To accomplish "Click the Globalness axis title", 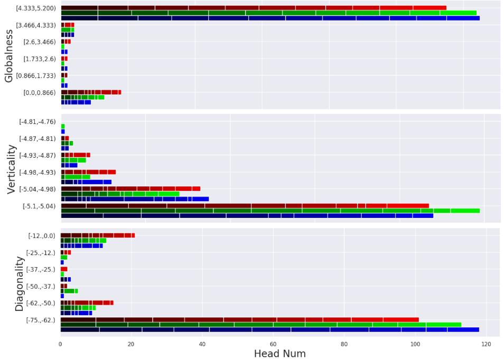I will pyautogui.click(x=9, y=56).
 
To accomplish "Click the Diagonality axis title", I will pyautogui.click(x=20, y=283).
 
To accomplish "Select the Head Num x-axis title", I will pyautogui.click(x=279, y=354).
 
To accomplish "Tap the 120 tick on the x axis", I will pyautogui.click(x=486, y=343).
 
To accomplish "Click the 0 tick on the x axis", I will pyautogui.click(x=61, y=343).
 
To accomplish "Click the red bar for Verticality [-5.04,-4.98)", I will pyautogui.click(x=130, y=188).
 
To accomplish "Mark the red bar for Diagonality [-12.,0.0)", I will pyautogui.click(x=98, y=235).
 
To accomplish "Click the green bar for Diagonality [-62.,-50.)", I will pyautogui.click(x=78, y=308).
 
